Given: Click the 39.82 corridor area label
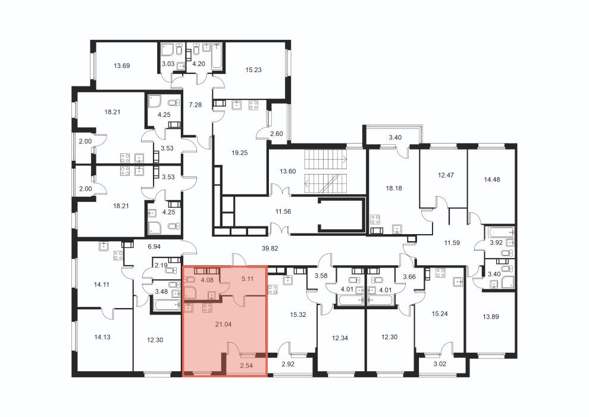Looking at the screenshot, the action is tap(270, 248).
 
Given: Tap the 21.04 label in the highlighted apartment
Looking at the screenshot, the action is tap(223, 324).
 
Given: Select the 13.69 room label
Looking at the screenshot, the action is tap(122, 66).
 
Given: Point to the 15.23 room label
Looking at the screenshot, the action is tap(253, 70).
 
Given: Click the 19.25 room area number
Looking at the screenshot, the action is tap(240, 153).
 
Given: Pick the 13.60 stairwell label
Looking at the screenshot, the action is tap(288, 172).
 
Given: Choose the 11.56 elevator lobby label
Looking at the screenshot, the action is tap(283, 211).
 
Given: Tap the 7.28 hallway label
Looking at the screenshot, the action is tap(195, 105).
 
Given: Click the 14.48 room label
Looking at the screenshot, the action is tap(491, 180).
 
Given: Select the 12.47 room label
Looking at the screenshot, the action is tap(446, 175).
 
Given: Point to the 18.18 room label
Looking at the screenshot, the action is tap(394, 188).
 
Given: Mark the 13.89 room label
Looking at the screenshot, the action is tap(491, 317).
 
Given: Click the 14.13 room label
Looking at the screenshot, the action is tap(102, 337).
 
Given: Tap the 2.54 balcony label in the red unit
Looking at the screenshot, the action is tap(246, 366).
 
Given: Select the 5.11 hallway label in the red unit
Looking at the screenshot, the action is tap(247, 279).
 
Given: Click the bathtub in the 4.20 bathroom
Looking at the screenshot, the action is tap(217, 57).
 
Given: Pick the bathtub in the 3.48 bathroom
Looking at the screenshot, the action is tap(166, 304).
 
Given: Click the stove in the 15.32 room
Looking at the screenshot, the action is tap(272, 290).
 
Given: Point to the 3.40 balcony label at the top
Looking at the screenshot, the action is tap(395, 138).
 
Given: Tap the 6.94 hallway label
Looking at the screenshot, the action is tap(154, 247).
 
